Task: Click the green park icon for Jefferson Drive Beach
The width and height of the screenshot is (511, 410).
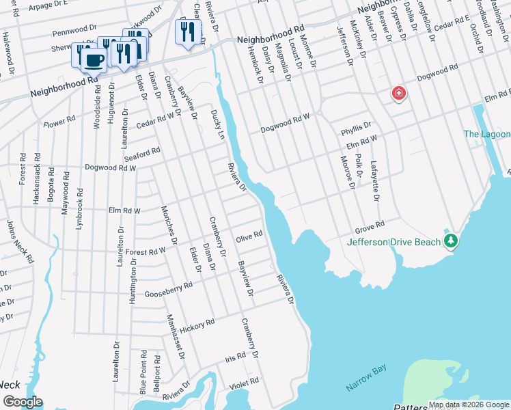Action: click(x=450, y=241)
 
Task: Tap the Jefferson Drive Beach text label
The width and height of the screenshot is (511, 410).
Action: click(x=394, y=242)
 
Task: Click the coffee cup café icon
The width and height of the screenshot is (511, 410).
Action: click(x=94, y=59)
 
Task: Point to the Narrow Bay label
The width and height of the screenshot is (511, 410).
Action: click(x=365, y=378)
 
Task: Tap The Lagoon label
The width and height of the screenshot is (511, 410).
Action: click(x=486, y=135)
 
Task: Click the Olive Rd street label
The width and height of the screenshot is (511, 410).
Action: click(x=249, y=236)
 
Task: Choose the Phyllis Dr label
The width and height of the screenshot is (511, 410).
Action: click(x=356, y=128)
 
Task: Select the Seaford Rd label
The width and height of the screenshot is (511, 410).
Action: click(x=143, y=152)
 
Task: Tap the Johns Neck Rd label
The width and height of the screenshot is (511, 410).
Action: click(x=20, y=242)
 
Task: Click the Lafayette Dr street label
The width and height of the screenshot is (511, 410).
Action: click(x=374, y=180)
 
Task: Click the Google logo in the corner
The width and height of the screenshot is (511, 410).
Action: click(x=22, y=401)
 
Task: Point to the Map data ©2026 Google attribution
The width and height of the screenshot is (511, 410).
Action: click(x=469, y=405)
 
